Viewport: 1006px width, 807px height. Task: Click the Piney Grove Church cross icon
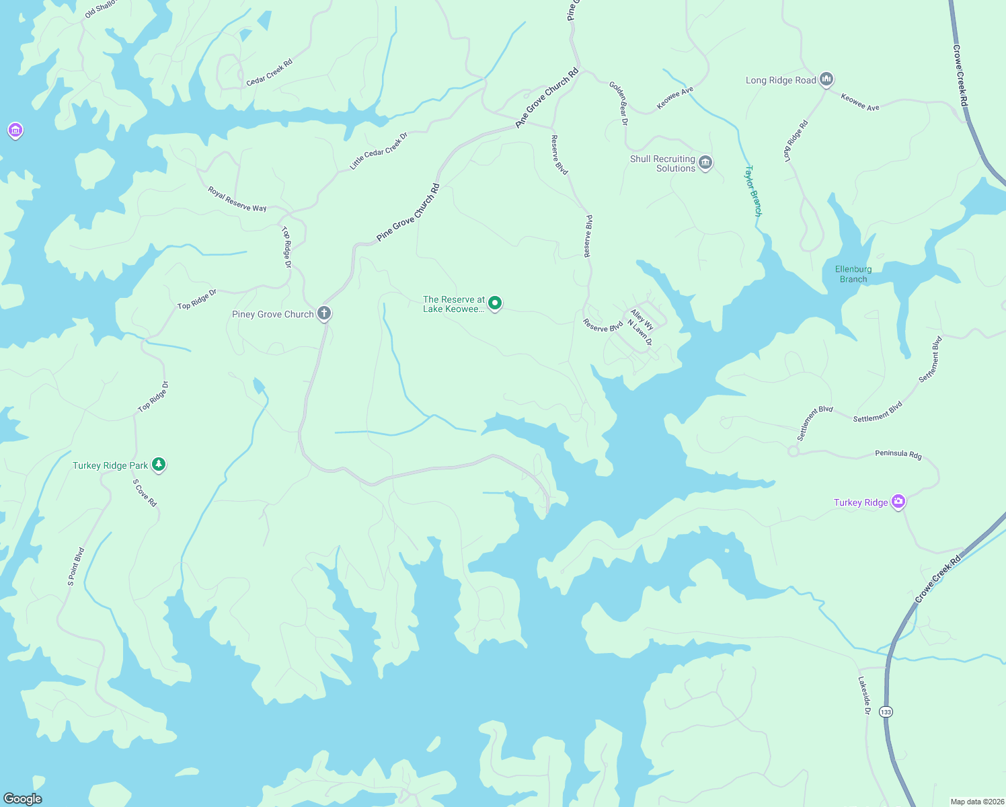[x=324, y=313]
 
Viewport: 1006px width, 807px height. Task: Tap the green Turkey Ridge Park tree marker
[x=159, y=464]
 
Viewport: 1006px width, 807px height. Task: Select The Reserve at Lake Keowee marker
[x=495, y=303]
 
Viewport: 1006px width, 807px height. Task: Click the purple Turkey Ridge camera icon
[x=898, y=502]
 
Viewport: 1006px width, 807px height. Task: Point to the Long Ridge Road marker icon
[x=826, y=79]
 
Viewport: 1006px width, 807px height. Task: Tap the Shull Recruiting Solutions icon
[x=705, y=163]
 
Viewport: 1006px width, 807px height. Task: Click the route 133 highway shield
[x=886, y=712]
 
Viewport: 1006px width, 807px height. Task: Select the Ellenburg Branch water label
[x=853, y=274]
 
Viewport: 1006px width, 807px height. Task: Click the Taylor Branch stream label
[x=753, y=191]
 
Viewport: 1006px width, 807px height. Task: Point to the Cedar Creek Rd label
[x=269, y=73]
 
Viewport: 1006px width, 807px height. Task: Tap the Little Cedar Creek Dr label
[x=379, y=151]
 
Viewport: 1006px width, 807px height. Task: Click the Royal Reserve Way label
[x=237, y=200]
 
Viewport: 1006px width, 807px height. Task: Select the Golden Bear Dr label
[x=619, y=104]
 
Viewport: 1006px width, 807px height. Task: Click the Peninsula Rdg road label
[x=898, y=454]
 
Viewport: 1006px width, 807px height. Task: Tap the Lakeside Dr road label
[x=864, y=696]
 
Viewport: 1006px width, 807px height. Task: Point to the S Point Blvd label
[x=76, y=567]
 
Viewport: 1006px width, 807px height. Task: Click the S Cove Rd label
[x=145, y=493]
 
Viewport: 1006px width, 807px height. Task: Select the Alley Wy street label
[x=642, y=319]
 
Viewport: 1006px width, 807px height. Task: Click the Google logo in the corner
[x=23, y=798]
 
